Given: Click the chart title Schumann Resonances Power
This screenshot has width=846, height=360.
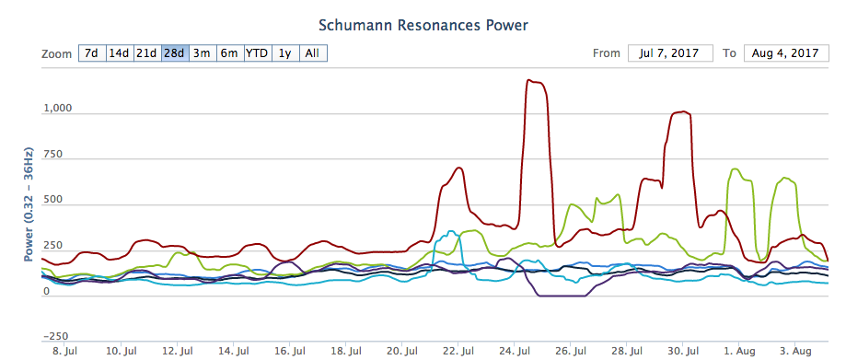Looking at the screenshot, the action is [x=423, y=25].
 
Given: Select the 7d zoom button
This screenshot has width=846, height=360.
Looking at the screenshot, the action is [x=92, y=53].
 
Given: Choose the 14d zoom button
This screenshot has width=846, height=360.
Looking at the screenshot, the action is [x=120, y=53].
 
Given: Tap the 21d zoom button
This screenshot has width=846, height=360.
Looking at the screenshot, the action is [x=147, y=53].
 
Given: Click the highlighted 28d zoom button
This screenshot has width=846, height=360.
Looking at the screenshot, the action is [x=175, y=53].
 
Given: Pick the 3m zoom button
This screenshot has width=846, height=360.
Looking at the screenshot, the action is [x=203, y=53].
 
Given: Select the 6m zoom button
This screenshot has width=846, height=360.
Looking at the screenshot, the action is [x=230, y=53].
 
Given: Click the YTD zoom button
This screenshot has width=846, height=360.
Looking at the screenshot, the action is [x=258, y=53].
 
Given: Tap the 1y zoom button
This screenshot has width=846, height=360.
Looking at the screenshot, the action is [x=285, y=53].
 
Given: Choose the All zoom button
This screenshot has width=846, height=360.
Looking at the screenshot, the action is [x=313, y=53].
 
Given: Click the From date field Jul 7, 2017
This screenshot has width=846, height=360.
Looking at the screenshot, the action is [x=670, y=53].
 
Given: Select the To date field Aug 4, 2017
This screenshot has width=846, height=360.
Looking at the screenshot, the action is [x=786, y=53].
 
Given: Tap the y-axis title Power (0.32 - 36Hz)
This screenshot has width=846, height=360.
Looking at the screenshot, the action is [x=29, y=204].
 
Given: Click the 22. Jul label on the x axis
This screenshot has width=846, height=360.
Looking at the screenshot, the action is [x=458, y=352].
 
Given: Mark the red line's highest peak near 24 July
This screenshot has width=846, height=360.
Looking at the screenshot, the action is [x=529, y=80].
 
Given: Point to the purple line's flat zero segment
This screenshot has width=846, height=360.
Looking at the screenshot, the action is [x=562, y=296].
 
